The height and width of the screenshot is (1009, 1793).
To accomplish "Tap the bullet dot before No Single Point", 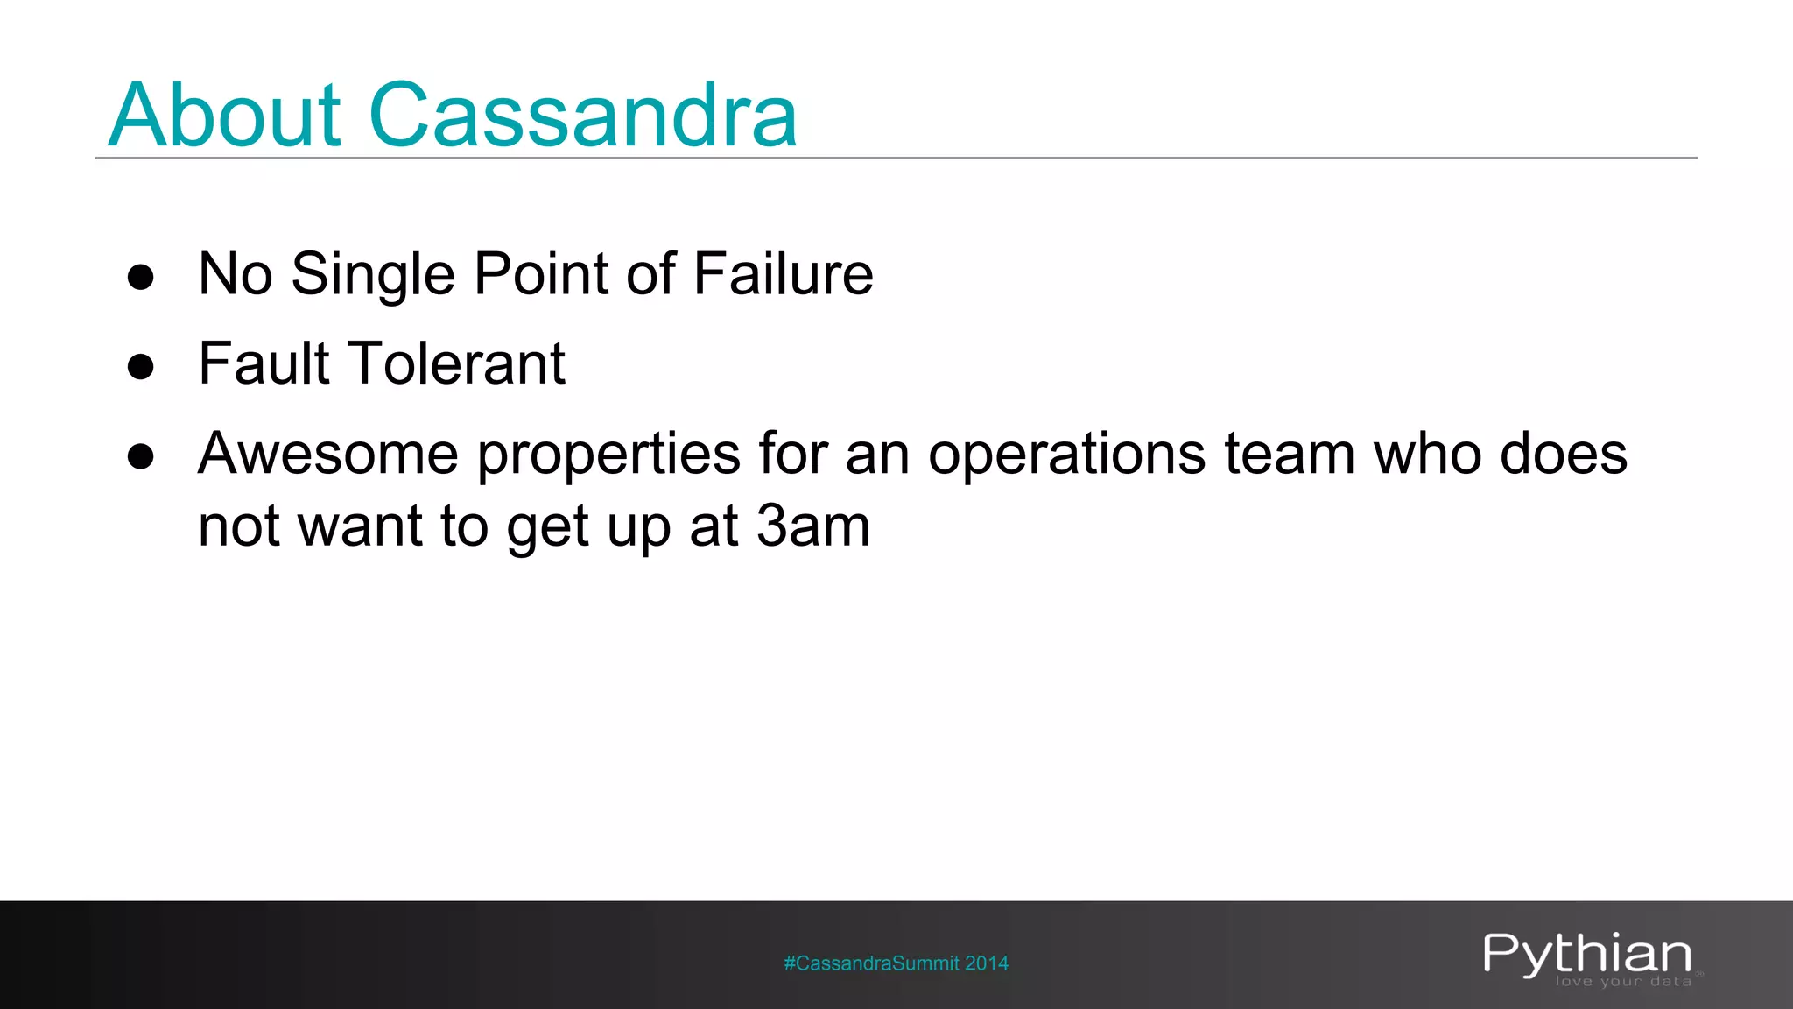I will point(141,277).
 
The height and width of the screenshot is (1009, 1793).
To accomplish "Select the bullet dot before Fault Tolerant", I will point(141,366).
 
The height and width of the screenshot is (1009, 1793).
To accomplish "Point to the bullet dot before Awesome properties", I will point(141,456).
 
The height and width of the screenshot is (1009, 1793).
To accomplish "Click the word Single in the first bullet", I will point(373,275).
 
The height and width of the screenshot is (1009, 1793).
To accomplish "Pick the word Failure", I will point(784,273).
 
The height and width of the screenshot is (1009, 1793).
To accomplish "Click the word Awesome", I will point(328,454).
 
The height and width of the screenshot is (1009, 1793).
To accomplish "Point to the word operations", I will point(1067,455).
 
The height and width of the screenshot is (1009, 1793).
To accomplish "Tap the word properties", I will point(609,455).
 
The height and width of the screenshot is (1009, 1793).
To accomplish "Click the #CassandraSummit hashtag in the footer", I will point(871,963).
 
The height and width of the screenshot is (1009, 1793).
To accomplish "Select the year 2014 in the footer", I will point(987,963).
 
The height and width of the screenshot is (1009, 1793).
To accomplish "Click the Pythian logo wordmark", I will point(1587,954).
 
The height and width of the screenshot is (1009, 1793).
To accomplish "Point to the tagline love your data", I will point(1623,982).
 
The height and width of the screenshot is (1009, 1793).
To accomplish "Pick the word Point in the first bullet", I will point(543,273).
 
